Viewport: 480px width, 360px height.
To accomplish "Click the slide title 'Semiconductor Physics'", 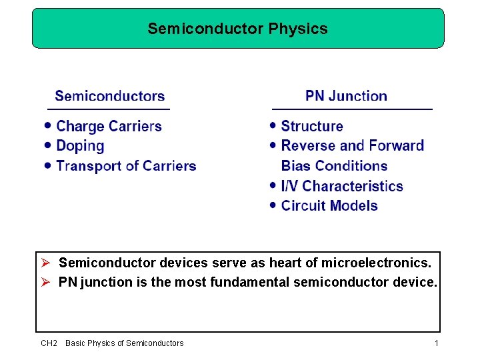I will coord(237,29).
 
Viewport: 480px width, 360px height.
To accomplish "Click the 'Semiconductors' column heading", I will coord(110,96).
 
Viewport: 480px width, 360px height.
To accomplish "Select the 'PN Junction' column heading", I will coord(346,96).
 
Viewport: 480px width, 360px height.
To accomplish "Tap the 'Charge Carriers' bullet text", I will coord(109,127).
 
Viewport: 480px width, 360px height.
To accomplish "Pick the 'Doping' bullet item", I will coord(80,146).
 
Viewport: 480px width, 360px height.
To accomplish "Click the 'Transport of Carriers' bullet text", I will coord(126,166).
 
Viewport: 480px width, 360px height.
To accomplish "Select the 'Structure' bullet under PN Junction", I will coord(312,127).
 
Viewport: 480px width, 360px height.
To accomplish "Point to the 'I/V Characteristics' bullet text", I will coord(342,186).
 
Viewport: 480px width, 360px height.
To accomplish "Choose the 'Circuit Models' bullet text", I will coord(329,206).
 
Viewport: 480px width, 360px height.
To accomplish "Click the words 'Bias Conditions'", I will coord(334,166).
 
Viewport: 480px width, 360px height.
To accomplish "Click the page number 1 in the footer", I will coord(436,343).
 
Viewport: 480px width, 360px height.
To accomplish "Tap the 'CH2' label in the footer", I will coord(49,343).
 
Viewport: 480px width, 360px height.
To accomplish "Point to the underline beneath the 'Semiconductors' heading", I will coord(109,109).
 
